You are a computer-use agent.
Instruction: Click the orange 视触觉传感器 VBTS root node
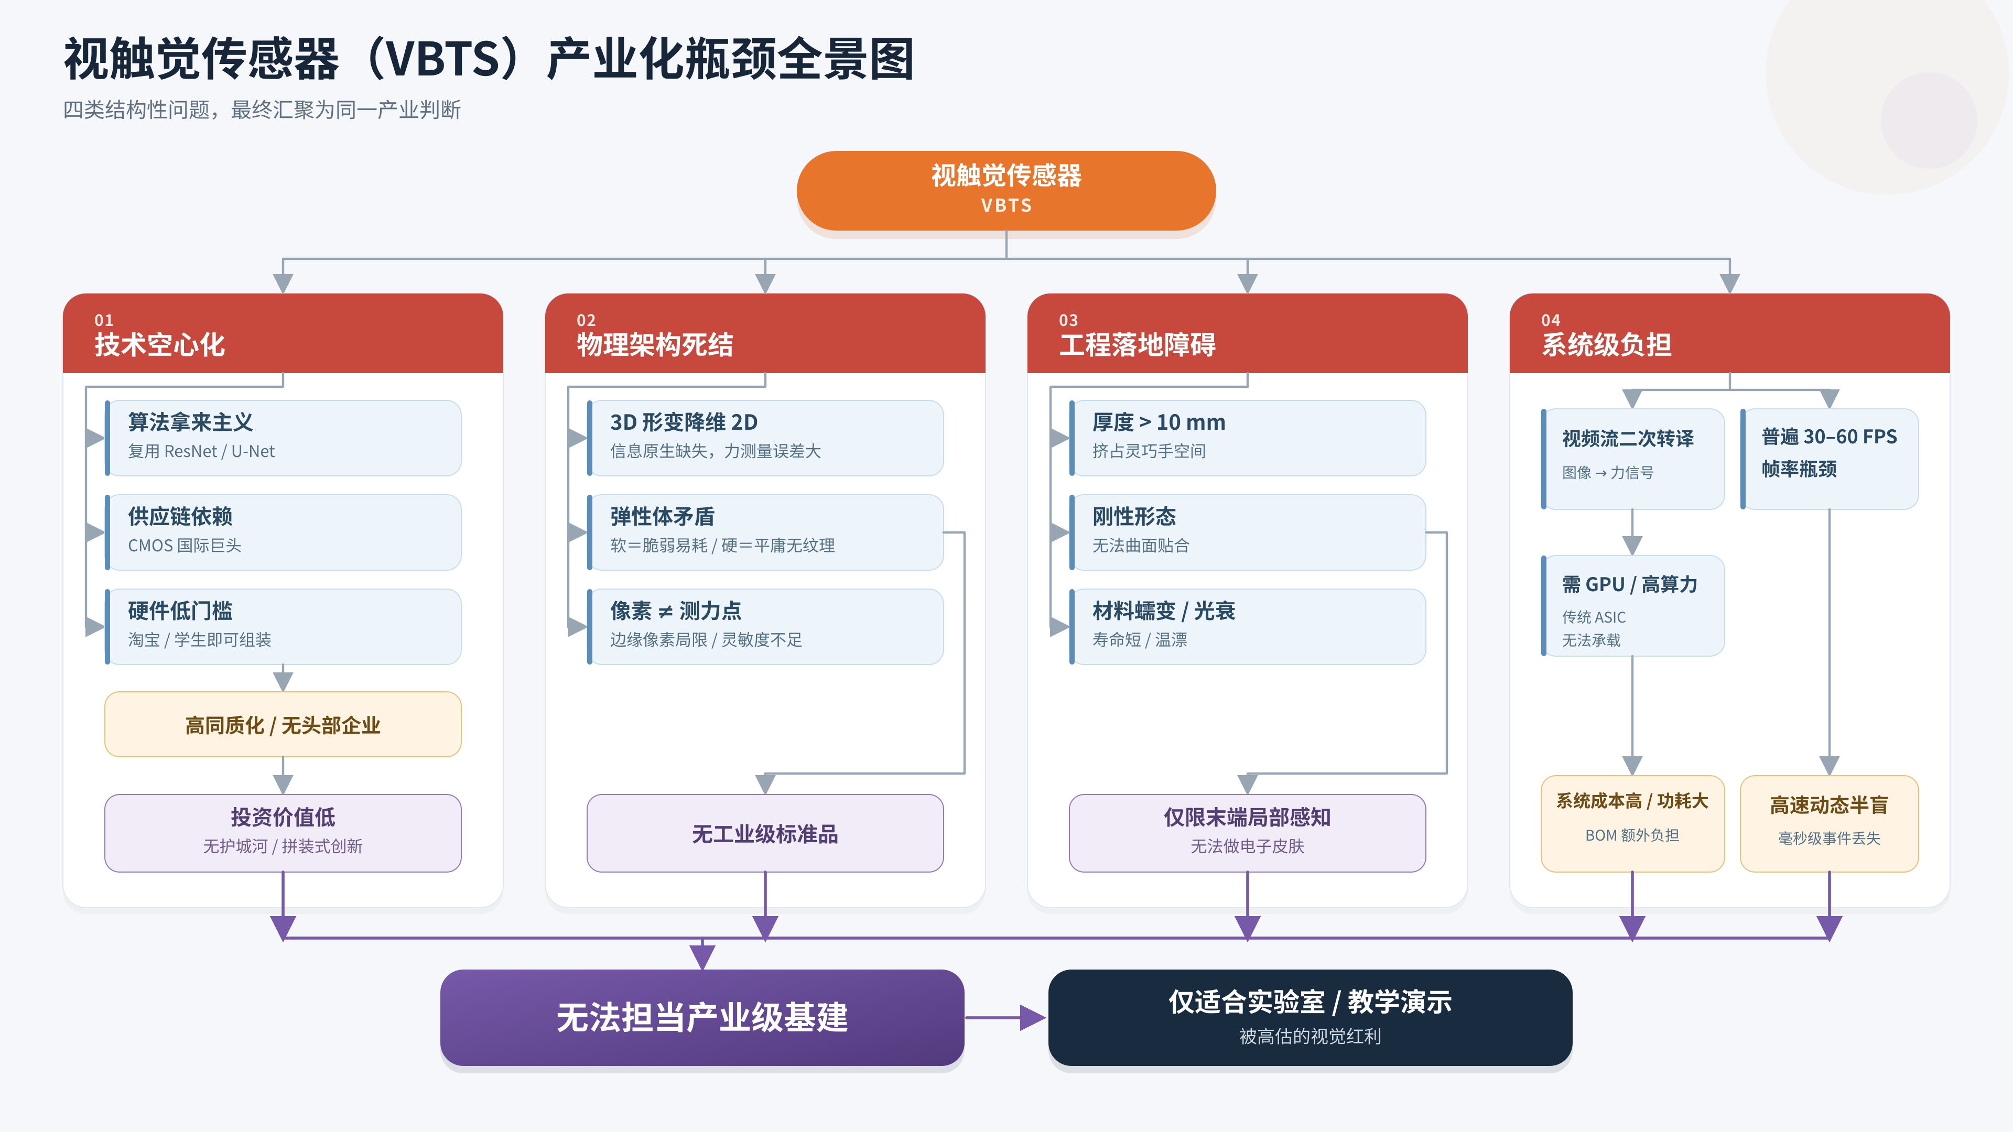coord(1006,191)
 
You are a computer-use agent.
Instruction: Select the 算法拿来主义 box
coord(283,438)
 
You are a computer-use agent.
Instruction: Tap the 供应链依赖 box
coord(283,532)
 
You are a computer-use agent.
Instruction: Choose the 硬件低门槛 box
coord(283,627)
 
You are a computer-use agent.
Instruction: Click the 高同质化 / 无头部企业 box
coord(283,724)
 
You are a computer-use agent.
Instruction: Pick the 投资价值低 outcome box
coord(283,833)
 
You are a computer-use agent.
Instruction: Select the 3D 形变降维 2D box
coord(765,438)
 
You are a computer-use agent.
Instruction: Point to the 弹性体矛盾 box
coord(765,532)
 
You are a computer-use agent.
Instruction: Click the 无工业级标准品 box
coord(765,833)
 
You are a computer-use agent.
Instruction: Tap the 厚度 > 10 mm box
coord(1247,438)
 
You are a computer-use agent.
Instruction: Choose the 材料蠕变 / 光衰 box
coord(1247,627)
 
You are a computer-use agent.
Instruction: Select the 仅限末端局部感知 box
coord(1247,833)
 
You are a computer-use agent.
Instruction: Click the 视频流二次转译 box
coord(1632,459)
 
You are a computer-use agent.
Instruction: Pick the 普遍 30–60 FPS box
coord(1830,459)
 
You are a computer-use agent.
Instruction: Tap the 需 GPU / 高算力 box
coord(1632,605)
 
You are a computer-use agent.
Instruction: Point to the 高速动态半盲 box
coord(1830,823)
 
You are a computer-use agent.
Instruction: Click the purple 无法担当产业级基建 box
coord(702,1017)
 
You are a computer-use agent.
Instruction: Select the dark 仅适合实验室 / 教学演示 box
coord(1309,1017)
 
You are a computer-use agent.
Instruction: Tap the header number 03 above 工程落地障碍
coord(1068,320)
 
